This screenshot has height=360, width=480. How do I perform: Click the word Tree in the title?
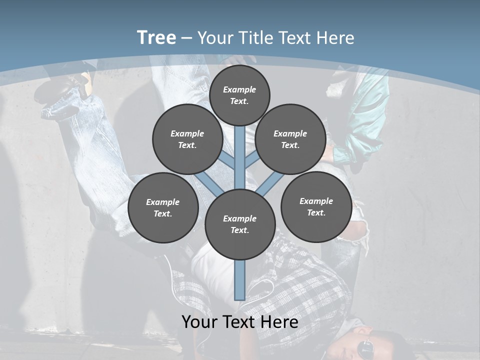pos(156,38)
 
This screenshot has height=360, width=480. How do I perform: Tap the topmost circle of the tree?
pos(239,95)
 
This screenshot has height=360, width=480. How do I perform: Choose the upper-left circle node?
pos(187,139)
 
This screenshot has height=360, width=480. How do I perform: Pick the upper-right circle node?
pos(290,139)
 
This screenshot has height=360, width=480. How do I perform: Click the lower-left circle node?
pos(163,207)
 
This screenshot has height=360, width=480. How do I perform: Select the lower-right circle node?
pos(316,206)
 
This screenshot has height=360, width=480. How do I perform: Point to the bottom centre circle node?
pos(240,224)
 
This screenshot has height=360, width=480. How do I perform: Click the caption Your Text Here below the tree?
pos(240,321)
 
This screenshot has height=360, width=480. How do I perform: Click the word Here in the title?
pos(337,38)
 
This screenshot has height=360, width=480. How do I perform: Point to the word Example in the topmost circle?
pos(239,89)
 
